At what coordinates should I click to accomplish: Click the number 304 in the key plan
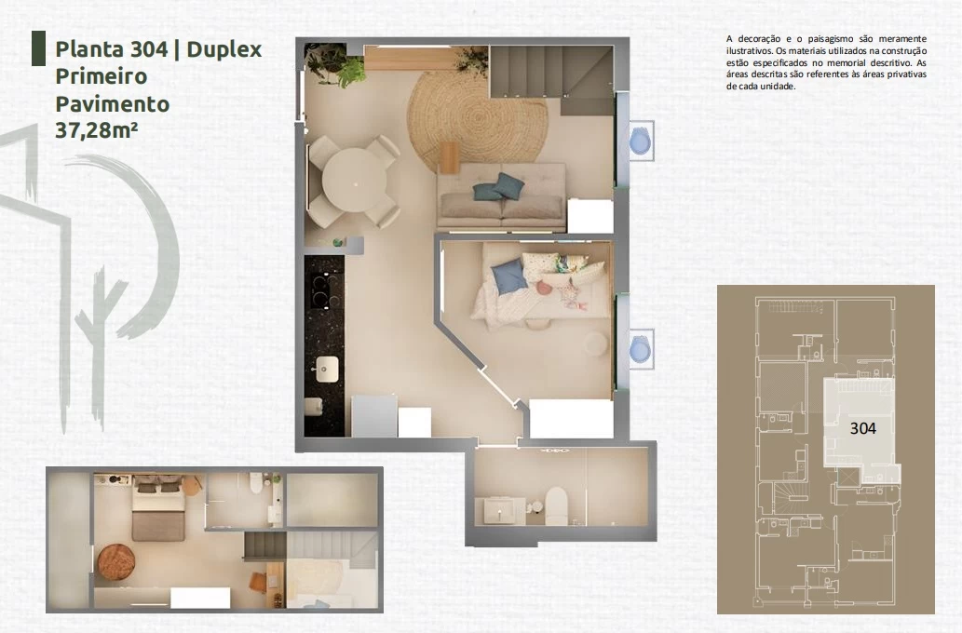coord(862,428)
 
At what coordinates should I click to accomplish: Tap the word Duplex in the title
coord(224,49)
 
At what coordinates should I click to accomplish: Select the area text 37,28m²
coord(96,130)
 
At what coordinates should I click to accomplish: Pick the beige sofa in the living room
coord(501,195)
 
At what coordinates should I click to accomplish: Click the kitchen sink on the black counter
coord(325,369)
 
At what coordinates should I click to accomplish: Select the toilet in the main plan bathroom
coord(556,506)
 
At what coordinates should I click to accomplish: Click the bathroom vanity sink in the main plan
coord(501,510)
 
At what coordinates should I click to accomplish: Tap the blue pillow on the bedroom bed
coord(508,276)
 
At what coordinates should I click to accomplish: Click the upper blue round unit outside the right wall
coord(641,141)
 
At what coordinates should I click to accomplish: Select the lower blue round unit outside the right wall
coord(640,349)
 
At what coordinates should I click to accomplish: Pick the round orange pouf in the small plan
coord(116,562)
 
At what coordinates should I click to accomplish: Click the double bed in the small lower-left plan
coord(157,508)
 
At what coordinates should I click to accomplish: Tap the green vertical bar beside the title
coord(39,48)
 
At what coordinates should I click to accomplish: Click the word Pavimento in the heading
coord(113,103)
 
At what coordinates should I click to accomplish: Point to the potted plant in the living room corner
coord(334,64)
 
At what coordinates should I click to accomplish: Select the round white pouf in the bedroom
coord(596,344)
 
